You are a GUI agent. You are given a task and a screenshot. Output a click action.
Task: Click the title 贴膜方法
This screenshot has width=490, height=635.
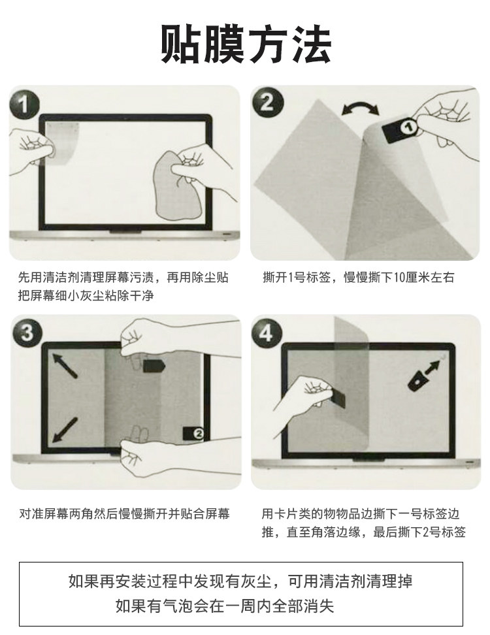pyautogui.click(x=246, y=44)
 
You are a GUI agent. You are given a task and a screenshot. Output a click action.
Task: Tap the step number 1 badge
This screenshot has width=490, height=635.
pyautogui.click(x=24, y=105)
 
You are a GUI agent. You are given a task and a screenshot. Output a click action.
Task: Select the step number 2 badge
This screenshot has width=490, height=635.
pyautogui.click(x=267, y=103)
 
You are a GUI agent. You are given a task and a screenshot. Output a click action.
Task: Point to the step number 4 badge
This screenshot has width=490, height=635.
pyautogui.click(x=266, y=333)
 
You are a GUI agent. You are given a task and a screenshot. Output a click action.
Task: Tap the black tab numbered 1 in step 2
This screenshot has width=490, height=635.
pyautogui.click(x=400, y=129)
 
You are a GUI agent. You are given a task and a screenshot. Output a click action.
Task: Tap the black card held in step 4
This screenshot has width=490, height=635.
pyautogui.click(x=337, y=397)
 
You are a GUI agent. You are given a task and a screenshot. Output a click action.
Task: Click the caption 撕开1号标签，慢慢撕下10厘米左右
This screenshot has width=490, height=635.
pyautogui.click(x=359, y=278)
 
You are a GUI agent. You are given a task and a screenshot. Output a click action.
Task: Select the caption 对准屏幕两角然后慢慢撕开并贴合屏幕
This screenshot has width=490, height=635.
pyautogui.click(x=124, y=514)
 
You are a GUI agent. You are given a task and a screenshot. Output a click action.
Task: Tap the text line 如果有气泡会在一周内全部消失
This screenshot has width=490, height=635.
pyautogui.click(x=225, y=606)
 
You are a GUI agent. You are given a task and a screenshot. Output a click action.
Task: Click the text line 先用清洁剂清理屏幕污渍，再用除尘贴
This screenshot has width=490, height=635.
pyautogui.click(x=123, y=278)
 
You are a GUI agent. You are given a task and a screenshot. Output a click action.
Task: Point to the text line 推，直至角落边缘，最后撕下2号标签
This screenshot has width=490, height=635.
pyautogui.click(x=363, y=532)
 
